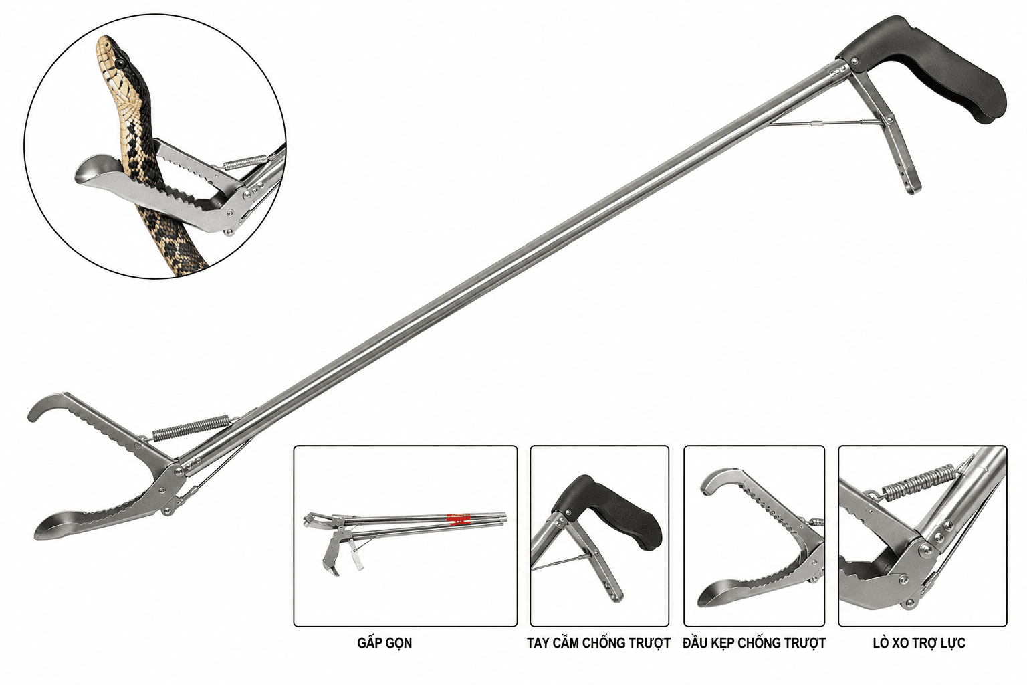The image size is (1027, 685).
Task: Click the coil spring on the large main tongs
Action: [191, 427]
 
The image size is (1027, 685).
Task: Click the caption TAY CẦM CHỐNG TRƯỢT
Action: [598, 643]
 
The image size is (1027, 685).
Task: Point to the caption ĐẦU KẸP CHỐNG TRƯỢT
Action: [754, 643]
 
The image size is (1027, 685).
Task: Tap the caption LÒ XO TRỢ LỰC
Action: [919, 643]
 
